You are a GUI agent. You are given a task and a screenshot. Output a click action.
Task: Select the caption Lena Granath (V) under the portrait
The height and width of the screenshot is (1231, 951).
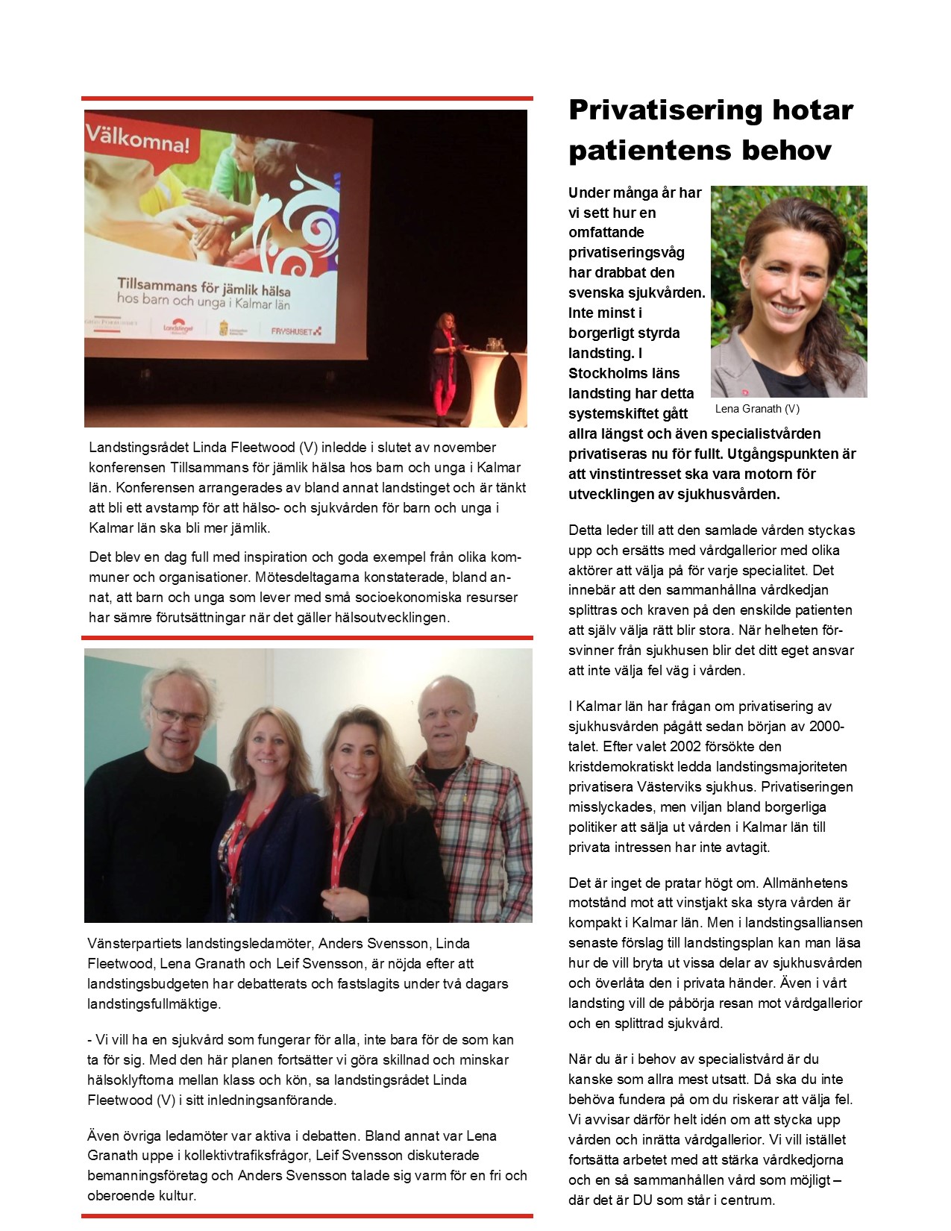(757, 409)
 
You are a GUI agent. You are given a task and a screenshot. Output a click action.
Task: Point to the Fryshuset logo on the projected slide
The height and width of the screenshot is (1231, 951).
(296, 331)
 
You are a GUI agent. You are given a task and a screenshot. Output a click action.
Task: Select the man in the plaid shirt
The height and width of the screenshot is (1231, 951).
(462, 798)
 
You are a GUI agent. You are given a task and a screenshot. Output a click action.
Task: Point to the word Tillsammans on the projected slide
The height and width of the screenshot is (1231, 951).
(157, 285)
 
